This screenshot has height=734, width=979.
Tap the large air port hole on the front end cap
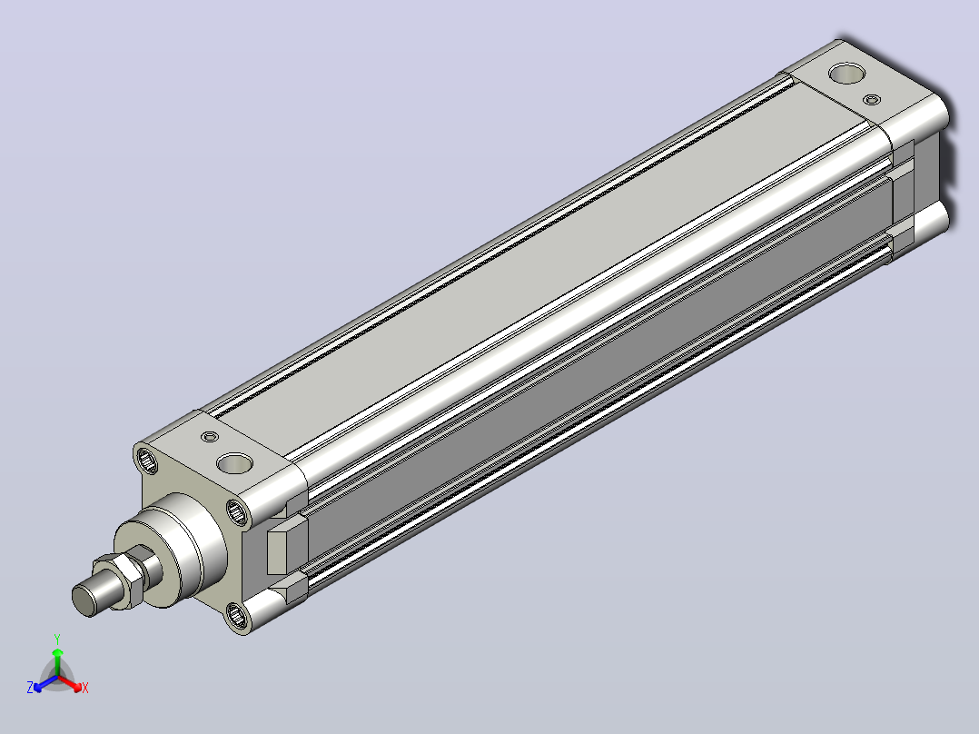[x=234, y=463]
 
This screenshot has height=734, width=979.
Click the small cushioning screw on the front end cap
[x=210, y=437]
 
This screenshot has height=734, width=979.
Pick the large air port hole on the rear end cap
[x=847, y=73]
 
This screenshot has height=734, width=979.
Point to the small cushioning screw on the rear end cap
[x=872, y=99]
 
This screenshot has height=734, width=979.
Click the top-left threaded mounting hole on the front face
[x=148, y=461]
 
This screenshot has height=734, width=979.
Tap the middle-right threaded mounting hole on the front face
[x=237, y=513]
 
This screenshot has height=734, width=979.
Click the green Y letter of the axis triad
[x=57, y=640]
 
